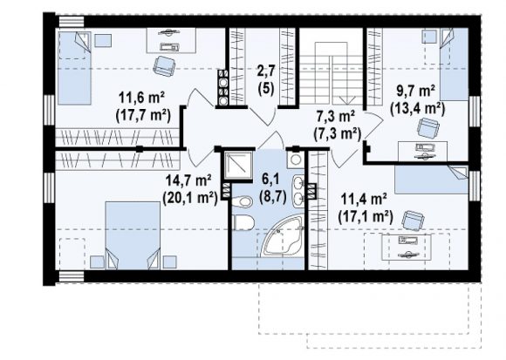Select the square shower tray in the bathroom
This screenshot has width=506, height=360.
coord(239,165)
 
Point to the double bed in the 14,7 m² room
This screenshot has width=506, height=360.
coord(133,235)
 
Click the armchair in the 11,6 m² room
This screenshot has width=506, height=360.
coord(164,66)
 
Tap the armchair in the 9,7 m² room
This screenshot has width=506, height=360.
coord(428,128)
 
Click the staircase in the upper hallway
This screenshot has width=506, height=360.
coord(332,74)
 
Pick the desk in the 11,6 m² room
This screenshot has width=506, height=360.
coord(171,41)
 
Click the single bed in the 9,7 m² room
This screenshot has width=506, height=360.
coord(455,65)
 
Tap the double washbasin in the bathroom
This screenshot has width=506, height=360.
coord(299,192)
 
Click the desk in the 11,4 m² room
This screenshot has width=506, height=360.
coord(407,248)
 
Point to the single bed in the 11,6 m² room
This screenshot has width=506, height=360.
coord(74,68)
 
